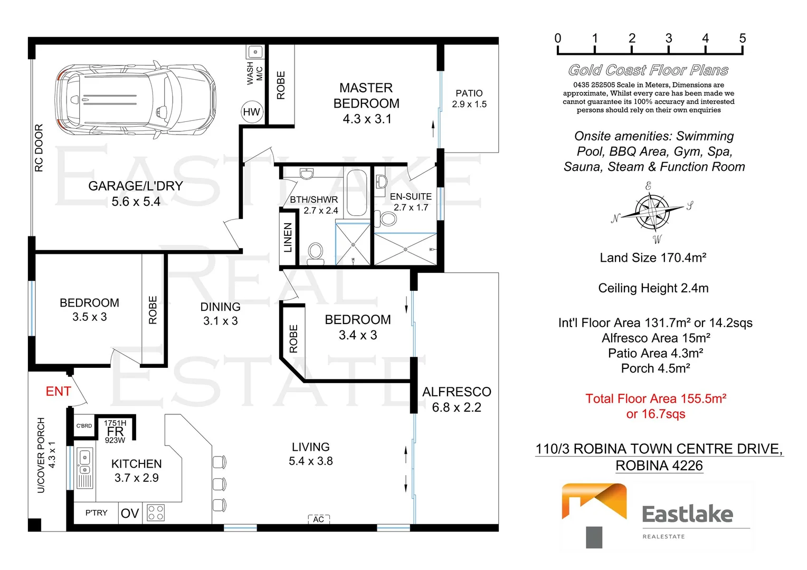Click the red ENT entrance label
point(58,391)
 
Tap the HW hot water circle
point(252,112)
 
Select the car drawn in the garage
point(136,100)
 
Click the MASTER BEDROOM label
point(366,96)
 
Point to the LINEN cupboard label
point(288,237)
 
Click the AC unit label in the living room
point(319,519)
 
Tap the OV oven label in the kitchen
point(130,514)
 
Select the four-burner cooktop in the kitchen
point(156,512)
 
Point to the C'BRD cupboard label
point(84,426)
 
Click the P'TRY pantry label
point(96,512)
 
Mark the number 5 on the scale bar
point(742,38)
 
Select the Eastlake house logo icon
point(594,515)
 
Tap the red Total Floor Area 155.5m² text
point(656,398)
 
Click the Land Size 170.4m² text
point(653,258)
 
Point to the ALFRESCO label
point(457,392)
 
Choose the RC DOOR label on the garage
point(39,148)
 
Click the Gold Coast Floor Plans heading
point(648,70)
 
